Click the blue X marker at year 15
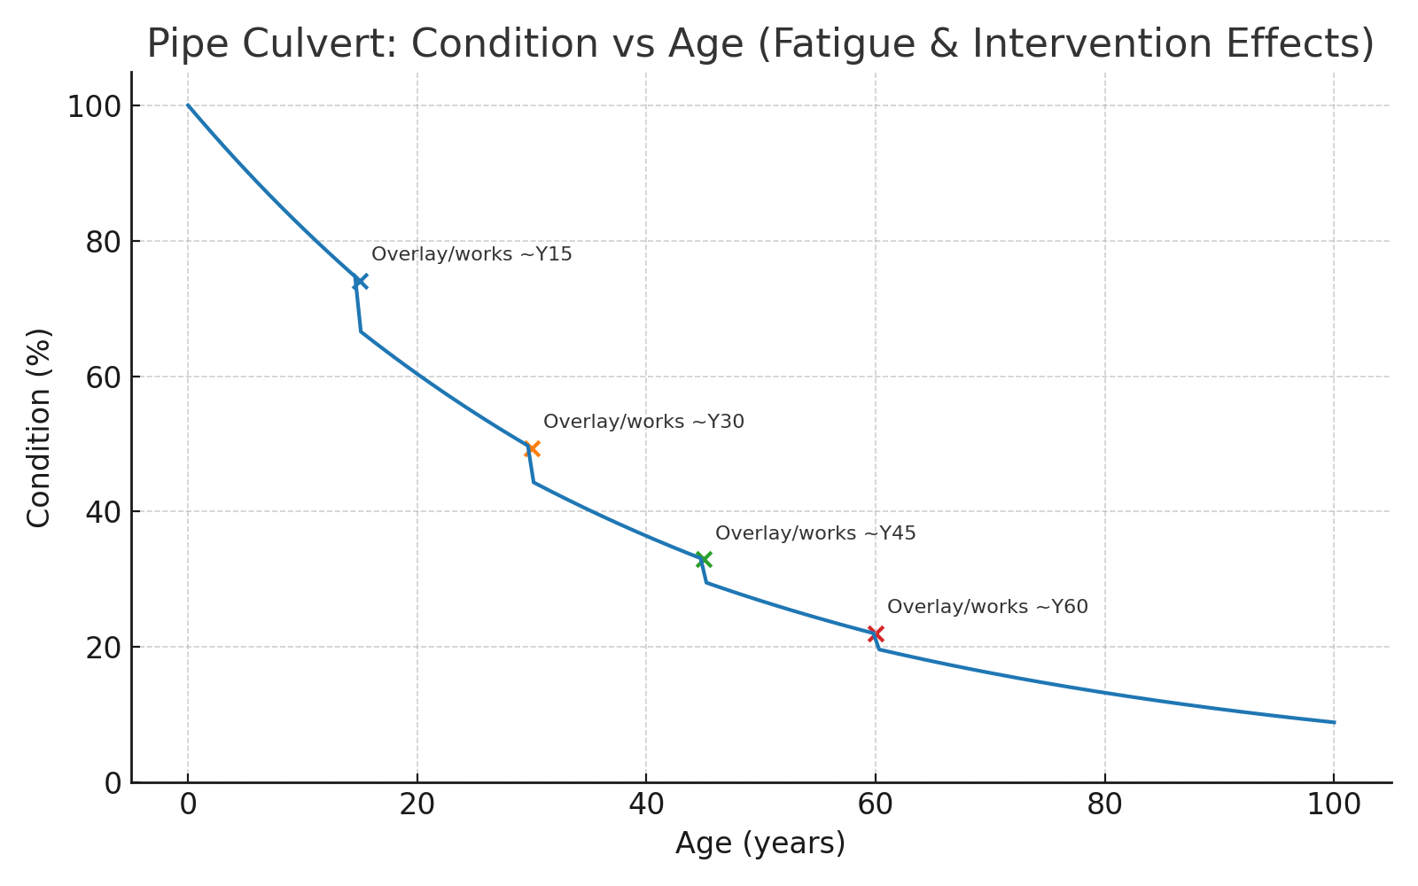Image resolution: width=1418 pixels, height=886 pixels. (360, 282)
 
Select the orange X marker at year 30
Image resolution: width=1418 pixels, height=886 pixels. (532, 449)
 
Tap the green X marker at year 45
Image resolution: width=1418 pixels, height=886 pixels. (704, 560)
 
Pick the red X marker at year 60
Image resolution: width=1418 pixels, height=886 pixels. (876, 633)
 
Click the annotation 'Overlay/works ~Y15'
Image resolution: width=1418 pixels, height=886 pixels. (471, 254)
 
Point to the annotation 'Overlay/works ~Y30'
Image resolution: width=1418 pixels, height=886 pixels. (643, 422)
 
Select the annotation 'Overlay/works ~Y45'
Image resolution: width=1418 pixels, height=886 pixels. (815, 533)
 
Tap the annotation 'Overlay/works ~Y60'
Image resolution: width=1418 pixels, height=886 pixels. (987, 607)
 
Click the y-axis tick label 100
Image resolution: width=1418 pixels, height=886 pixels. (94, 106)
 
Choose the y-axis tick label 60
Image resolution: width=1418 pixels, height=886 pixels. (103, 377)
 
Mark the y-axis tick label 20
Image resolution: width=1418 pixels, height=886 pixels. (103, 648)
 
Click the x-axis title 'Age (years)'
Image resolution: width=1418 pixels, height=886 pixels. (760, 843)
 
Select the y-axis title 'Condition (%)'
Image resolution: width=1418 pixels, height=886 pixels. (39, 427)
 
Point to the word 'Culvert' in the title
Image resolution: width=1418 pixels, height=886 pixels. (327, 44)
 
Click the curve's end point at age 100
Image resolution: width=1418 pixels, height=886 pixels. (1334, 722)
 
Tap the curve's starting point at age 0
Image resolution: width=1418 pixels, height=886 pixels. (188, 105)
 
